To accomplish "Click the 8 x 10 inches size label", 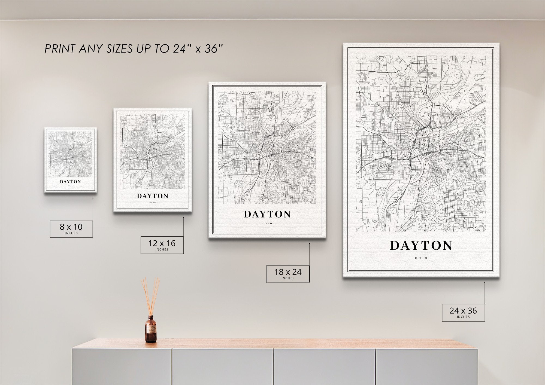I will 71,228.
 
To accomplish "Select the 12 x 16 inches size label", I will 162,245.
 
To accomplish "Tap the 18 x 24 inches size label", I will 288,274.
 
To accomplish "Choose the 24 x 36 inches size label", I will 463,312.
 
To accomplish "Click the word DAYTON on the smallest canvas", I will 71,182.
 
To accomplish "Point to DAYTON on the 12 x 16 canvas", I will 153,196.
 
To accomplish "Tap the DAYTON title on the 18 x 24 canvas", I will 267,214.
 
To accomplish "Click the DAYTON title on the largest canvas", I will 421,246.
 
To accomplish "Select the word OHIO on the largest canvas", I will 421,258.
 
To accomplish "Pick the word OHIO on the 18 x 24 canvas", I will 267,224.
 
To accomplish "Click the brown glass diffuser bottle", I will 151,329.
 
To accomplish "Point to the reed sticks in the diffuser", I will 151,295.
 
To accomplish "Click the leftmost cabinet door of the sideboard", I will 122,366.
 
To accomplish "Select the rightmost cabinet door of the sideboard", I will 426,366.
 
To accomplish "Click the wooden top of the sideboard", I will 272,344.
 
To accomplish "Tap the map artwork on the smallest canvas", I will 71,154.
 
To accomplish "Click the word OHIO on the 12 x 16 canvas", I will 153,202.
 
